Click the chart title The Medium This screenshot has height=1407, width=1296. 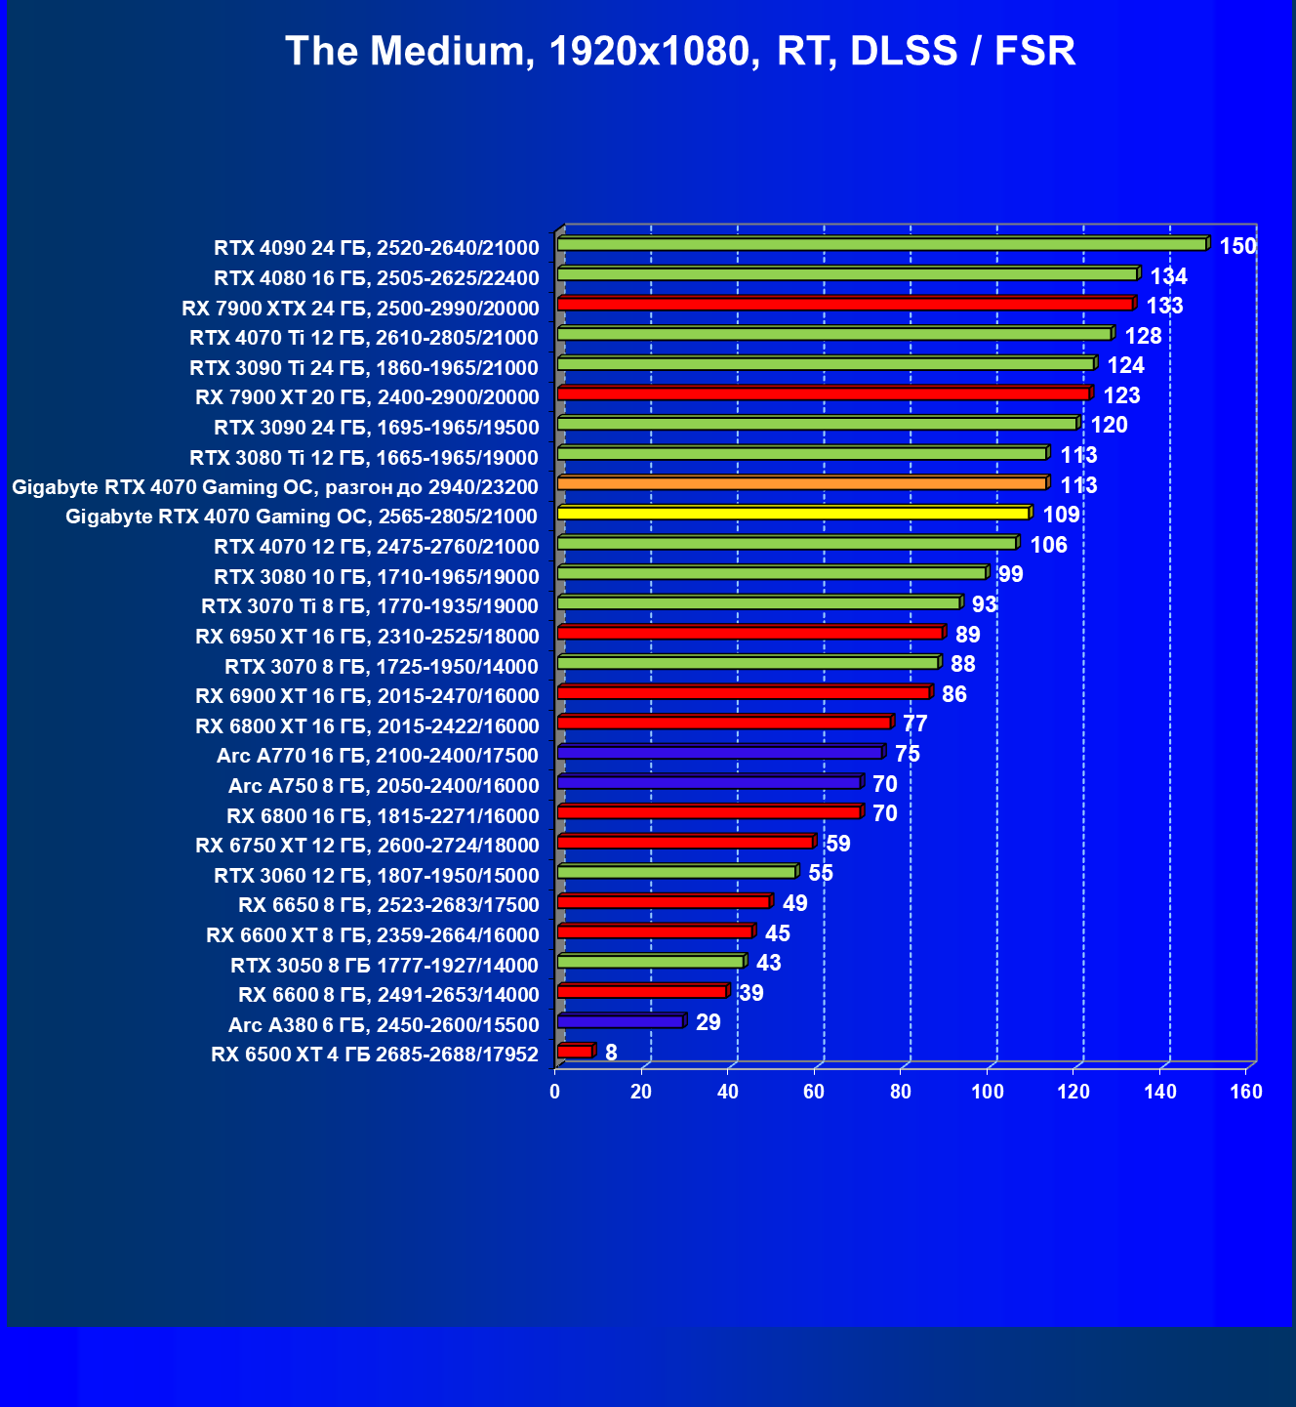pos(680,51)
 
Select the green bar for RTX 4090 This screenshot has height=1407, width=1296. pos(882,244)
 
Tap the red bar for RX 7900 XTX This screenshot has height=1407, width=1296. pos(845,305)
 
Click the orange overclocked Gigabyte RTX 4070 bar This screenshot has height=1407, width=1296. pos(801,483)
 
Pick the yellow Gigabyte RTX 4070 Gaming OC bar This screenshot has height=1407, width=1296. pos(792,514)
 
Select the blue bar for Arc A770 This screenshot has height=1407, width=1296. pos(719,753)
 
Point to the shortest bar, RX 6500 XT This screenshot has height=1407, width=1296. pos(575,1052)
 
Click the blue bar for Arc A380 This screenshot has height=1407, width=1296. pos(620,1021)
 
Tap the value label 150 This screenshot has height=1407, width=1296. pos(1237,246)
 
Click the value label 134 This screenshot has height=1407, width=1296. pos(1168,276)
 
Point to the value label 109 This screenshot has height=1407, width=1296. pos(1061,515)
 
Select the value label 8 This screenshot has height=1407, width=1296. pos(611,1053)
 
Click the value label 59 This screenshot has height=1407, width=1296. pos(837,844)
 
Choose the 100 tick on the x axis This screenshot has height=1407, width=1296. pos(988,1092)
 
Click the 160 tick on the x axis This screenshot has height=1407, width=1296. pos(1246,1092)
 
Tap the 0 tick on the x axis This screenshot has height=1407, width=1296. pos(555,1092)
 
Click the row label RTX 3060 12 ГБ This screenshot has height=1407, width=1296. pos(376,876)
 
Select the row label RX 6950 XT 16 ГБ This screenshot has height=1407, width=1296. pos(367,637)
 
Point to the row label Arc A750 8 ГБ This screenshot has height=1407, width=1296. pos(383,786)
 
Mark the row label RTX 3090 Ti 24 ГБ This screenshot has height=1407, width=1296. pos(363,368)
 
